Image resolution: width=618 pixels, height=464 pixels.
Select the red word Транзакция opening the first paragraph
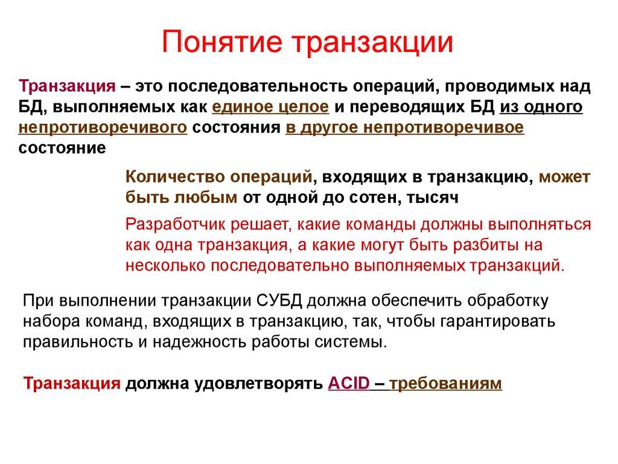tap(67, 86)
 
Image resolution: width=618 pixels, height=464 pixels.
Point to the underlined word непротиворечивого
tap(102, 128)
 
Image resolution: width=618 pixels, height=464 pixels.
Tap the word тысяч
tap(433, 196)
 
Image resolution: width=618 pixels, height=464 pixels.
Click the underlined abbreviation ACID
tap(349, 384)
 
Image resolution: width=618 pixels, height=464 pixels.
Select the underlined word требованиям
tap(446, 384)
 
